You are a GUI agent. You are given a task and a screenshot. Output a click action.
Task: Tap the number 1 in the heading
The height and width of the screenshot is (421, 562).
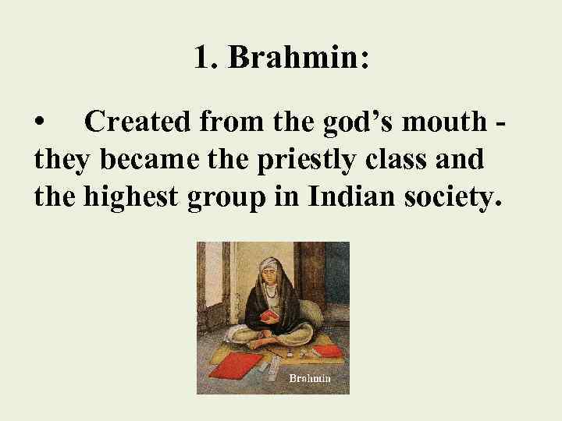(202, 59)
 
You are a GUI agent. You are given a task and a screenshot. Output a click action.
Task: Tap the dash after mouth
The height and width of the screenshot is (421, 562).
(499, 123)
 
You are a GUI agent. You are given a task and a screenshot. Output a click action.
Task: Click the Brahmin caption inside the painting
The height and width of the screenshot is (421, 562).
(310, 378)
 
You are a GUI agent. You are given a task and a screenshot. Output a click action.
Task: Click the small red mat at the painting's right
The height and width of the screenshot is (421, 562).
(327, 350)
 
